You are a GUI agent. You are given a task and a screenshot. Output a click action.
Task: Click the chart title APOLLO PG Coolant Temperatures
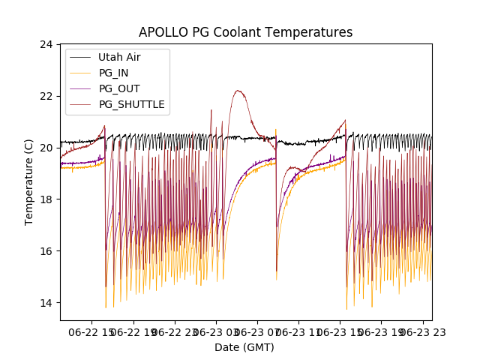click(245, 33)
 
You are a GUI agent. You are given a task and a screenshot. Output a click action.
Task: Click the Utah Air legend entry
click(118, 57)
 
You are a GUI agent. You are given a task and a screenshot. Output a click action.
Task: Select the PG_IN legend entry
click(113, 73)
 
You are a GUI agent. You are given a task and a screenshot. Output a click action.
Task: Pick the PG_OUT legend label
click(118, 88)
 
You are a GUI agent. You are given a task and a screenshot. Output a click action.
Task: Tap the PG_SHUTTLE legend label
click(131, 104)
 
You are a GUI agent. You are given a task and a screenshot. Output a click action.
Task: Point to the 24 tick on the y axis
click(46, 44)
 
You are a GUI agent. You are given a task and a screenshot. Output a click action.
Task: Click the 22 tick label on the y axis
click(46, 96)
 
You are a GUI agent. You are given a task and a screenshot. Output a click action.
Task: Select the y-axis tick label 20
click(46, 148)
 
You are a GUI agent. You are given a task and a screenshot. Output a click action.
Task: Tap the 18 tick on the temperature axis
click(46, 199)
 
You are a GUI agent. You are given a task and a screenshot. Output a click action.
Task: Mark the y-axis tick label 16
click(46, 251)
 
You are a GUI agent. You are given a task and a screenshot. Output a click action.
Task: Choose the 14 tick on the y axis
click(46, 303)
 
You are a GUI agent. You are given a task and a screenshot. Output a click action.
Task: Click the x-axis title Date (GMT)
click(244, 347)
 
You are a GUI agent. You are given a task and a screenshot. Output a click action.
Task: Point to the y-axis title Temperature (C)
click(29, 182)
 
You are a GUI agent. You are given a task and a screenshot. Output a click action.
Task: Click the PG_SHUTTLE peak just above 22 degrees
click(238, 91)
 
